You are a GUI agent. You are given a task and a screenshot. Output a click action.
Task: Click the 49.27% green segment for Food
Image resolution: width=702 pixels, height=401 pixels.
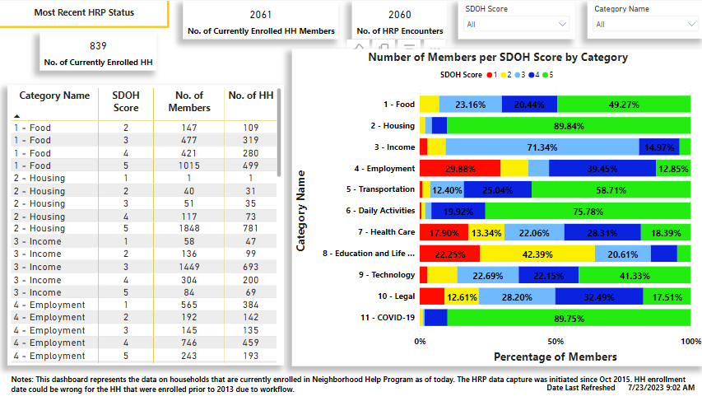coord(624,105)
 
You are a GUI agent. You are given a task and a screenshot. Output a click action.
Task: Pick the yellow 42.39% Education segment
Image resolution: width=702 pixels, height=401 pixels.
coord(537,254)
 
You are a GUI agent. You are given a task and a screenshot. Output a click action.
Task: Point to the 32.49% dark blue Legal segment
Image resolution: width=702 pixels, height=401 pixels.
coord(598,296)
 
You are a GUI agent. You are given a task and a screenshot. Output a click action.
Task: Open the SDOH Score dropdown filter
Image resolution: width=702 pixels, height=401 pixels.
coord(515,25)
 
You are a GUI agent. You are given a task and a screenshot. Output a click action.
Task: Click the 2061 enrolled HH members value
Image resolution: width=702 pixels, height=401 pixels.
coord(261,15)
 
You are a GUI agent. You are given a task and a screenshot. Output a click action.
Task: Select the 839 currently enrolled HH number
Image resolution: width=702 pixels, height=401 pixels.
coord(99,46)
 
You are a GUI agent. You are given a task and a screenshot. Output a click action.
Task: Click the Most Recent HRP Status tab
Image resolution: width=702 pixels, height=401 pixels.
coord(85,12)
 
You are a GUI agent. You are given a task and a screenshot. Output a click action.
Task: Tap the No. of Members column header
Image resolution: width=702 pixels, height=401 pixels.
coord(189,101)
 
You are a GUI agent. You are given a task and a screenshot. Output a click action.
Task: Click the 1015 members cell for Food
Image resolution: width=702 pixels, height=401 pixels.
coord(189,166)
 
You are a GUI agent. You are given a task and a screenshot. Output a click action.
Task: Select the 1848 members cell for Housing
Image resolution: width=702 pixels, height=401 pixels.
coord(189,229)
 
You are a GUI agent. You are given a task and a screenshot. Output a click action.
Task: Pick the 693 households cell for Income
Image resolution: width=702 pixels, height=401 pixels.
coord(251,267)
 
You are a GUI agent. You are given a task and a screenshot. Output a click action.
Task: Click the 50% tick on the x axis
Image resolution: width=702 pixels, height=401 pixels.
coord(556,341)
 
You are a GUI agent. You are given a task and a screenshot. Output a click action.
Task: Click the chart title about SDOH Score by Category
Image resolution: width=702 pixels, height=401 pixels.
coord(498,58)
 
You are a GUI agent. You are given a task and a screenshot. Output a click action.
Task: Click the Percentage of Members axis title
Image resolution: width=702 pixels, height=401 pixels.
coord(555,357)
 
